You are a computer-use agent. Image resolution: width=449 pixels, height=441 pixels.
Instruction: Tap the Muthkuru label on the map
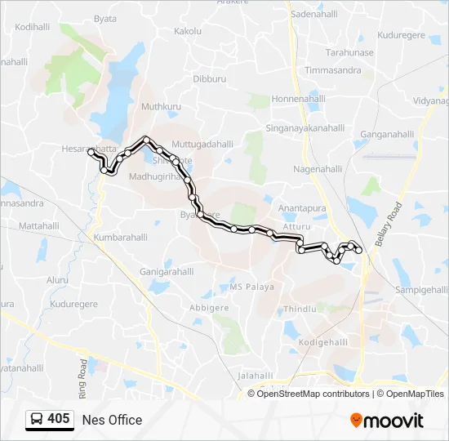pyautogui.click(x=159, y=106)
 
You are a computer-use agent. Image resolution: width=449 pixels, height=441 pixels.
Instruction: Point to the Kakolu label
pyautogui.click(x=188, y=31)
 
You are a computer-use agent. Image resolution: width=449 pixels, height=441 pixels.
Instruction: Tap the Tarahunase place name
pyautogui.click(x=349, y=52)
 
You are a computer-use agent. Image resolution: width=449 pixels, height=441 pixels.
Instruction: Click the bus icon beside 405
pyautogui.click(x=37, y=419)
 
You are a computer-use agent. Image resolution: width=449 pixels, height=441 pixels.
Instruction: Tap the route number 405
pyautogui.click(x=58, y=419)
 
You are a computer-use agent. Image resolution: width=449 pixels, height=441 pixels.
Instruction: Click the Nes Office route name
pyautogui.click(x=112, y=420)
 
